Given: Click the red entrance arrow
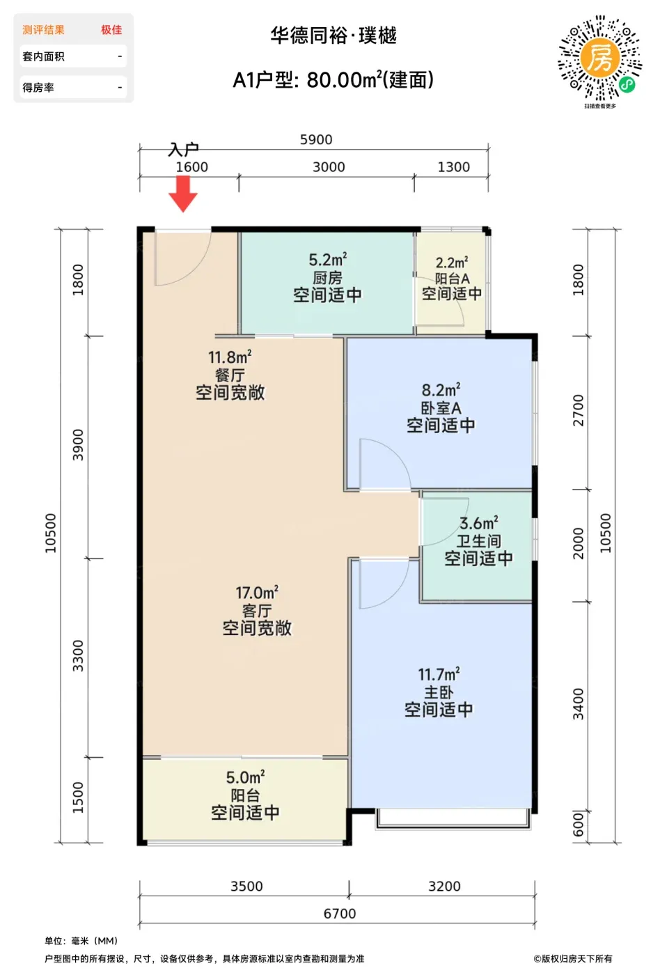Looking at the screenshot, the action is click(183, 194).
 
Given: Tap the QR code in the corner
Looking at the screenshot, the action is click(600, 58).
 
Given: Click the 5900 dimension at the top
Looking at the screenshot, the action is click(316, 140).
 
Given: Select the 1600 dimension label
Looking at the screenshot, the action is click(192, 167).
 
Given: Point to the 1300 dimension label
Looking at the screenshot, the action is click(454, 167).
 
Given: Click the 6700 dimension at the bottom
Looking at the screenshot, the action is click(340, 914).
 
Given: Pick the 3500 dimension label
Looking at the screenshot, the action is click(246, 886).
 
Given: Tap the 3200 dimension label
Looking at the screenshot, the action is click(444, 886).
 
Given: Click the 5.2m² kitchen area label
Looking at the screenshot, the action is click(328, 260).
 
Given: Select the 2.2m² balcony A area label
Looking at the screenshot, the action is click(452, 263).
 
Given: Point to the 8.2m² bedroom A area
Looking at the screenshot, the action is click(441, 389).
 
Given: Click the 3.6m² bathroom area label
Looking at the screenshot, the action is click(479, 523).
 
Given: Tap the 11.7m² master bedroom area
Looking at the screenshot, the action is click(439, 674).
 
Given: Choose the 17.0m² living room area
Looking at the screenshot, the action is click(257, 593).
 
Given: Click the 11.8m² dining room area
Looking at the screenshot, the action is click(230, 357).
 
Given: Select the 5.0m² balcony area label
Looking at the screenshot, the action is click(245, 777).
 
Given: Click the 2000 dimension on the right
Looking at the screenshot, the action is click(578, 543).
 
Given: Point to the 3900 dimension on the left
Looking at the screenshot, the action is click(77, 445).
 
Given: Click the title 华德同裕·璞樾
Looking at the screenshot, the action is click(333, 36).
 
